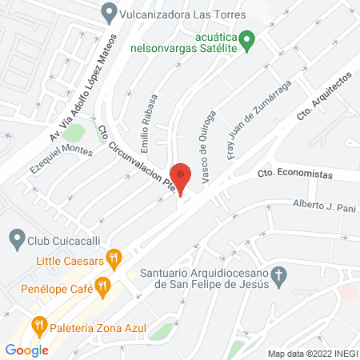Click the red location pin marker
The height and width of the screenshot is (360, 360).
tap(181, 177)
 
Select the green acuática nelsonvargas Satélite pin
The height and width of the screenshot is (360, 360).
tap(249, 39)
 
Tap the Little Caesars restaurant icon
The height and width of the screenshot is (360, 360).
tap(116, 258)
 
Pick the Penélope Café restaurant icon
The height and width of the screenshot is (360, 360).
tap(102, 284)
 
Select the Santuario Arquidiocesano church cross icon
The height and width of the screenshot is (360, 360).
tap(278, 277)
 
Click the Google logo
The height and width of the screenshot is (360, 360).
tap(26, 350)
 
